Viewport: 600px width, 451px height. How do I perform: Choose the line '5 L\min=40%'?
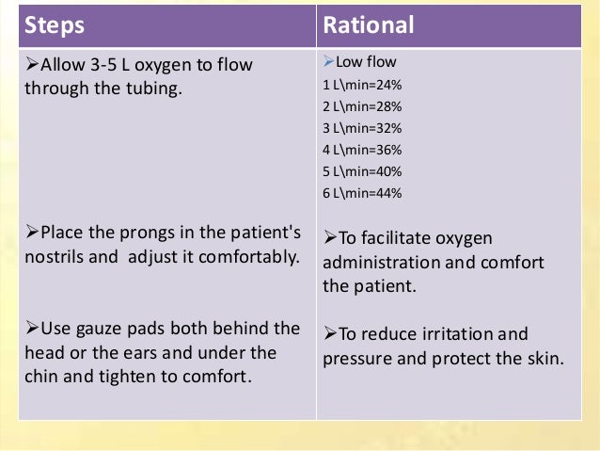362,171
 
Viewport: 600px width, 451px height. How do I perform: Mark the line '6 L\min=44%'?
362,192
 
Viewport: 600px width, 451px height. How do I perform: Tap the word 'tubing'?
154,91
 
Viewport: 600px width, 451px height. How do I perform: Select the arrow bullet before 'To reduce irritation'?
330,334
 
